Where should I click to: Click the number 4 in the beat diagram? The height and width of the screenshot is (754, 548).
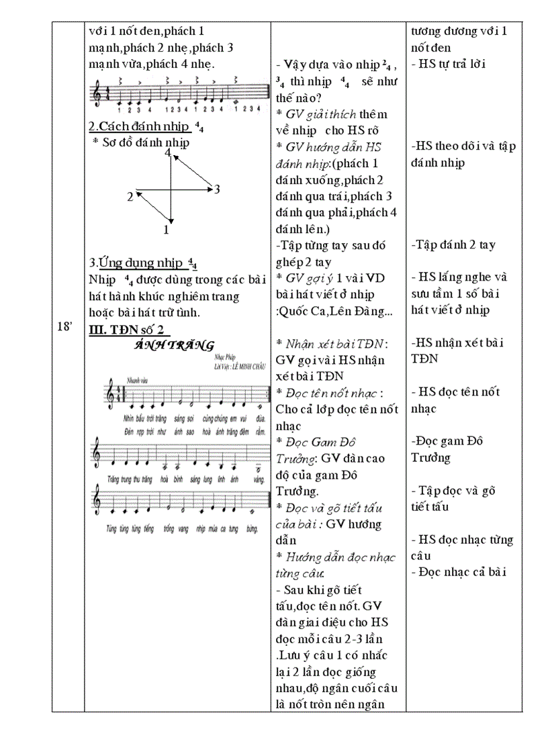[x=168, y=152]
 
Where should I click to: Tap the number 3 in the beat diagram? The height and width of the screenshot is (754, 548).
[x=217, y=189]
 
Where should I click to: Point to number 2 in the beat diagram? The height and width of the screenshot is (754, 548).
[x=130, y=197]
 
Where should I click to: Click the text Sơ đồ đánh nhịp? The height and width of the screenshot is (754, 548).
[x=145, y=142]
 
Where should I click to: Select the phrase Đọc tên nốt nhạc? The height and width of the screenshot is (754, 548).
[x=334, y=392]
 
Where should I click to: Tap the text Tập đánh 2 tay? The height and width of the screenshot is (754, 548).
[x=453, y=245]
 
